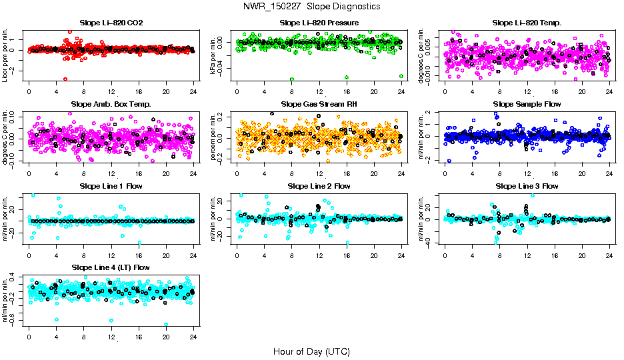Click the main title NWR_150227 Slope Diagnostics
pyautogui.click(x=312, y=6)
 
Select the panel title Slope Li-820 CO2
pyautogui.click(x=111, y=23)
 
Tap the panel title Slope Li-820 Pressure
pyautogui.click(x=319, y=23)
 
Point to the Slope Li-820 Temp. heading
pyautogui.click(x=527, y=23)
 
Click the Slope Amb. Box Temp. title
pyautogui.click(x=111, y=104)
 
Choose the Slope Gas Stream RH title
pyautogui.click(x=319, y=104)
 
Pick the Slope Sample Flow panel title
pyautogui.click(x=527, y=104)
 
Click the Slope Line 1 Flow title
pyautogui.click(x=111, y=185)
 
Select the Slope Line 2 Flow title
pyautogui.click(x=319, y=185)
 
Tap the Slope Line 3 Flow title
pyautogui.click(x=527, y=185)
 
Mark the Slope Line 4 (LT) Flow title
pyautogui.click(x=111, y=267)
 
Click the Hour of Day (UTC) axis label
pyautogui.click(x=311, y=351)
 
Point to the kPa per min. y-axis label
pyautogui.click(x=215, y=55)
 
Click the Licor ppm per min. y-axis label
pyautogui.click(x=6, y=55)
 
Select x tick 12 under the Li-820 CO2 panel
pyautogui.click(x=111, y=91)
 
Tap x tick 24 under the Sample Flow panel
pyautogui.click(x=610, y=173)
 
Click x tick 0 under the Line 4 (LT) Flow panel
pyautogui.click(x=29, y=336)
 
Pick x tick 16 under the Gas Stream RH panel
pyautogui.click(x=347, y=173)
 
